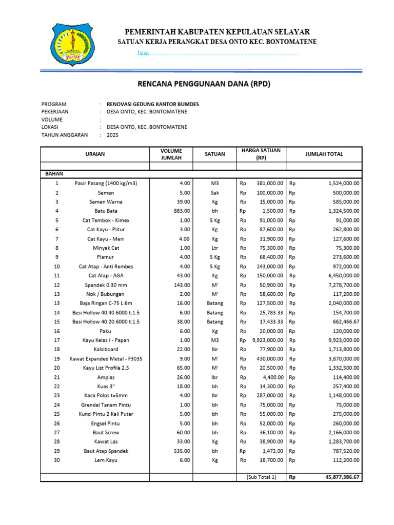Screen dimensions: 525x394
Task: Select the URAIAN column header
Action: (x=94, y=154)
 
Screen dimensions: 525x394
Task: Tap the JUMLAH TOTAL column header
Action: (x=324, y=154)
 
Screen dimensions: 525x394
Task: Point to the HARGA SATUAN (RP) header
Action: (x=261, y=154)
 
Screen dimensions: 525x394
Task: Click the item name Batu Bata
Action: (x=106, y=211)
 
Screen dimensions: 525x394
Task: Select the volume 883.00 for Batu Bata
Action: (x=182, y=211)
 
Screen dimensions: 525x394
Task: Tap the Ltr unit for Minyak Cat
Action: (x=214, y=248)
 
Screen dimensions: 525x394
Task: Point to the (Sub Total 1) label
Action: (x=261, y=477)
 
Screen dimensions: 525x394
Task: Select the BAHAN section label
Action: (x=54, y=174)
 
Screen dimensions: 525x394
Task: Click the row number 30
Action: (x=57, y=460)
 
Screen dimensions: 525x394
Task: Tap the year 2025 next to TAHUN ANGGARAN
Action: (x=112, y=135)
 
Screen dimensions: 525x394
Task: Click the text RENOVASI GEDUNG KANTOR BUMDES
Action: (x=152, y=104)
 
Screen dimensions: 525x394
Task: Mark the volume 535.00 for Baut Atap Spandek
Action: (x=182, y=451)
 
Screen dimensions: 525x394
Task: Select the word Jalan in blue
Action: (x=143, y=54)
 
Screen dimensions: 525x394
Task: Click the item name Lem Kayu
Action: (x=106, y=460)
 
